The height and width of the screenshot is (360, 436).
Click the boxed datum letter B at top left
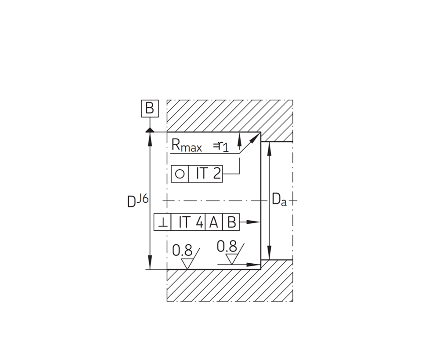(x=150, y=108)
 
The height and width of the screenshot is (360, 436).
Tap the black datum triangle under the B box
(x=150, y=130)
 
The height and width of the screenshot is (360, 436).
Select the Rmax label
(x=187, y=145)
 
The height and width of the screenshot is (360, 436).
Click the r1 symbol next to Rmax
(x=223, y=146)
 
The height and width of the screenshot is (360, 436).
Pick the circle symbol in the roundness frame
(x=180, y=174)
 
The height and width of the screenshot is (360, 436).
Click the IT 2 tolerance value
(x=209, y=174)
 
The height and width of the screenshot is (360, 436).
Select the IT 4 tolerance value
(x=191, y=222)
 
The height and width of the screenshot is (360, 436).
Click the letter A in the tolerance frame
(x=213, y=222)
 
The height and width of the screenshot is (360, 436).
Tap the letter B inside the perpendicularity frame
(x=231, y=222)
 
